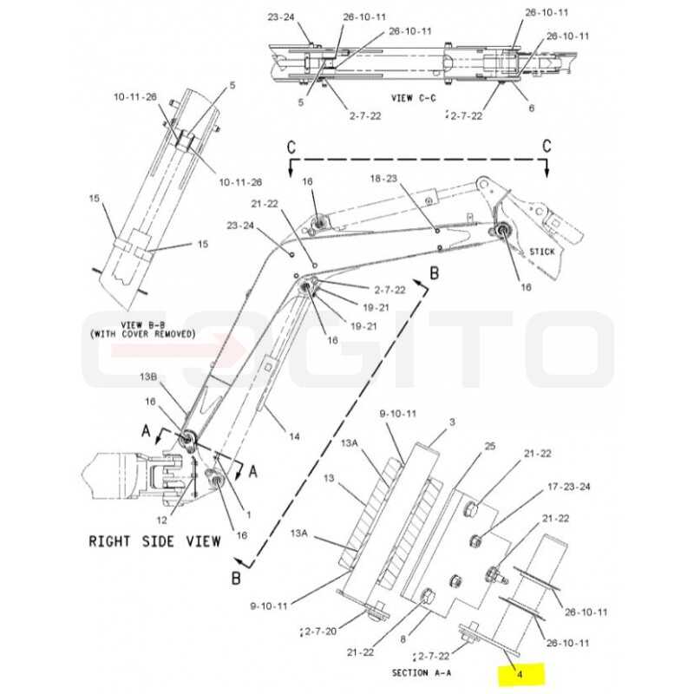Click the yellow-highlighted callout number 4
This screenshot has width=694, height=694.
pos(520,674)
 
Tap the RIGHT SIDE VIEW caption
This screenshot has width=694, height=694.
pos(155,541)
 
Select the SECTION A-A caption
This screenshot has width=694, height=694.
pos(422,673)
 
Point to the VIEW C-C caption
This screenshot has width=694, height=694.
pos(414,98)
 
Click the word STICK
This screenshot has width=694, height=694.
pos(542,252)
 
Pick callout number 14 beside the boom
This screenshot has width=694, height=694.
pos(294,437)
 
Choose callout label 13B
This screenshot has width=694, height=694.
pos(148,377)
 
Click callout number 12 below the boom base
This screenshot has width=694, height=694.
pos(162,520)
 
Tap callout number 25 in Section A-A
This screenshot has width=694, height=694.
pos(490,446)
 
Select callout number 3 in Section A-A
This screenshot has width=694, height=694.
pos(452,422)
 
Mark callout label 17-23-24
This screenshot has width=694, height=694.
pos(569,487)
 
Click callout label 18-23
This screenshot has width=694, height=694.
pos(383,179)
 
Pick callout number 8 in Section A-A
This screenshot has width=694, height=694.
pos(403,639)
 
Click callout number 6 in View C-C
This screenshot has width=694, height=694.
pos(532,108)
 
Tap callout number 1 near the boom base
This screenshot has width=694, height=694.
pos(249,514)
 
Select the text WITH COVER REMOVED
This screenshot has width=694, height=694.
pos(142,334)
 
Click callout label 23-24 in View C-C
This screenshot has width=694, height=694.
pos(280,17)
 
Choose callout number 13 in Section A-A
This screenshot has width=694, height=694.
pos(329,479)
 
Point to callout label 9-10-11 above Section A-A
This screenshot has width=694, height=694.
pos(398,414)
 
